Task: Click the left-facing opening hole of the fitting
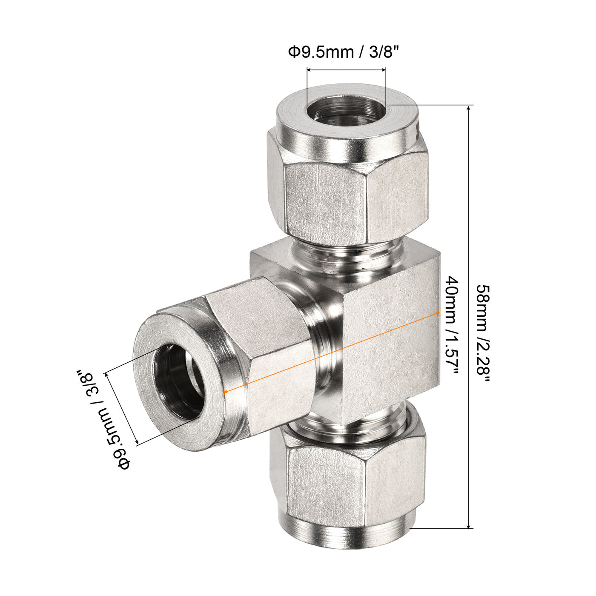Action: tap(181, 381)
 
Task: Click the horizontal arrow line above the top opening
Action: tap(346, 70)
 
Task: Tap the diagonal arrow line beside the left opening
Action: tap(122, 409)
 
